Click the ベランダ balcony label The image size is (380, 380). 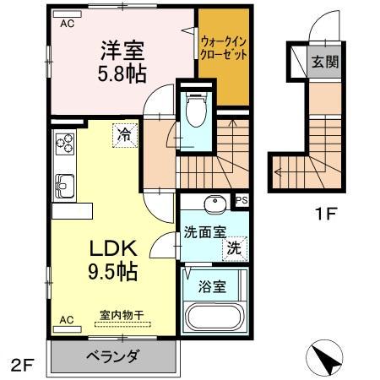(x=112, y=356)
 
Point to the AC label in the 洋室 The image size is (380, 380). (x=67, y=24)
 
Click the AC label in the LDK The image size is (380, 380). (x=67, y=320)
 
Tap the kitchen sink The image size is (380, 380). (x=64, y=182)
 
